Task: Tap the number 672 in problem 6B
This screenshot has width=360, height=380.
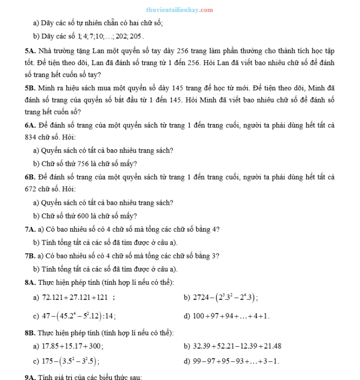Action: (30, 189)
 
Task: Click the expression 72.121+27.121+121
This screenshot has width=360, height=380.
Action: (75, 298)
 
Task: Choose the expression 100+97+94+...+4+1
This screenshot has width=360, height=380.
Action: (231, 315)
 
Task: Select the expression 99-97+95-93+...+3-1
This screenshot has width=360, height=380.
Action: (236, 361)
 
